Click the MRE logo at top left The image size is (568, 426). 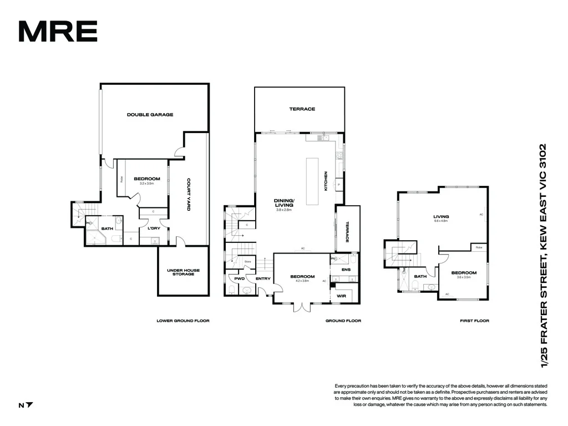coord(58,31)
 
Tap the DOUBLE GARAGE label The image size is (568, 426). coord(150,115)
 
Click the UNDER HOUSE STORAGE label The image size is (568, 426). coord(183,272)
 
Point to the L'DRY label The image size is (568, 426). coord(154,228)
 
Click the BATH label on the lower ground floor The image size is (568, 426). coord(107,228)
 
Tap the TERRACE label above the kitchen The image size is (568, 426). coord(302,109)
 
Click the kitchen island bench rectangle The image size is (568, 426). coord(312,175)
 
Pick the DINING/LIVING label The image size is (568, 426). coord(284,203)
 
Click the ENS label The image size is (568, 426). coord(346,270)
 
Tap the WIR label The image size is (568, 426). coord(342,296)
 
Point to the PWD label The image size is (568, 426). coord(239,278)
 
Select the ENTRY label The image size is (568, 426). coord(262,278)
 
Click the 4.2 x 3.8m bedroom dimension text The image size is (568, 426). coord(302,281)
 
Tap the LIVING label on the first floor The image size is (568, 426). coord(441,217)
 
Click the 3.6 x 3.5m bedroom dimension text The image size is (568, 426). coord(463,277)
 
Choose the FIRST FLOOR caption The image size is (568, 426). coord(474,321)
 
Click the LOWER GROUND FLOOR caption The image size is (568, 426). coord(183,321)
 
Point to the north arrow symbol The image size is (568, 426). coord(29,405)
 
